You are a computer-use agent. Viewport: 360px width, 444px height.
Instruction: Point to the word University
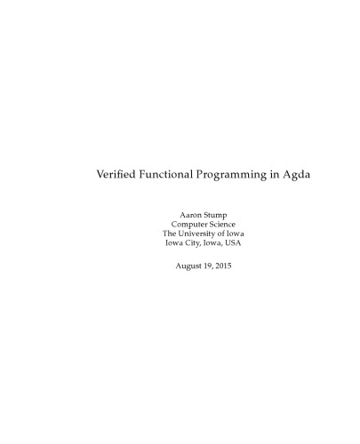[x=197, y=234]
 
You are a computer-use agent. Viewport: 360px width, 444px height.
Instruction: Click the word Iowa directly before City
[x=172, y=242]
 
